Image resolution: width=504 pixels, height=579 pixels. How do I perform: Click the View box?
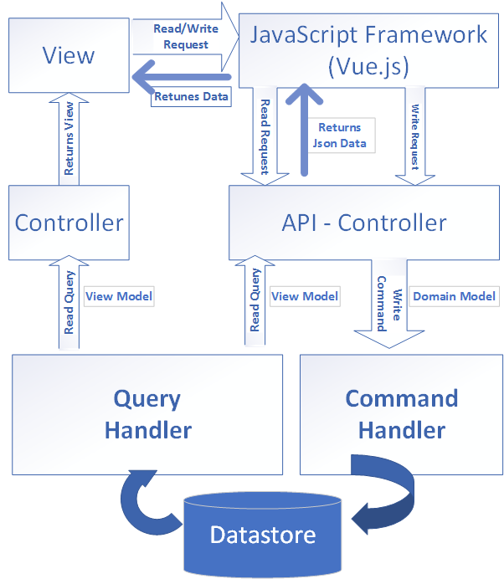(x=69, y=56)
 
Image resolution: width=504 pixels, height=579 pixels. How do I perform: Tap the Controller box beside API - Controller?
(x=69, y=223)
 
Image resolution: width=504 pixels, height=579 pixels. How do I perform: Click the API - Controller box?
(x=363, y=223)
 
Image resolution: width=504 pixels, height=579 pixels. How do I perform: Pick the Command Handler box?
(x=401, y=414)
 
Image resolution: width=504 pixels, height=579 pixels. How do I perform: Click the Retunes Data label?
(x=190, y=96)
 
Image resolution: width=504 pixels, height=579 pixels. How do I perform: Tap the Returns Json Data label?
(x=339, y=135)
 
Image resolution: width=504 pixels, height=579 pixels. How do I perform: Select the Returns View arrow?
(x=69, y=139)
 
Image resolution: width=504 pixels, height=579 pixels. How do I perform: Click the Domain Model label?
(x=455, y=296)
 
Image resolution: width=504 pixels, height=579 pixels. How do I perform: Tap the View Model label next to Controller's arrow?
(x=121, y=295)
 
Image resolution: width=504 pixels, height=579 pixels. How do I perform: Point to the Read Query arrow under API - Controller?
(x=255, y=300)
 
